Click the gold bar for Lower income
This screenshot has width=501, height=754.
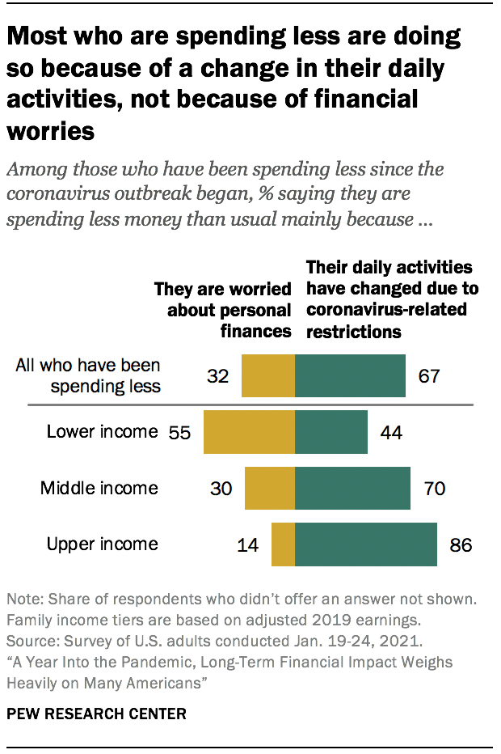coord(249,431)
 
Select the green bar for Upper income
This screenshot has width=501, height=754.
coord(366,544)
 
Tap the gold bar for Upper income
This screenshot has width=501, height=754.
coord(283,544)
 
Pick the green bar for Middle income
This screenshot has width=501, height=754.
coord(352,488)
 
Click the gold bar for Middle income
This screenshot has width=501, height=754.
coord(270,488)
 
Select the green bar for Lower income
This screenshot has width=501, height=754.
coord(331,431)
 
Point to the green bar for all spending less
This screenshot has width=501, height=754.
coord(350,375)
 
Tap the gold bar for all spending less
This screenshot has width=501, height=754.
coord(268,375)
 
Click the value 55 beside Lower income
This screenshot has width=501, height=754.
coord(180,432)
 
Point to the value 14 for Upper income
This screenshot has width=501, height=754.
coord(247,544)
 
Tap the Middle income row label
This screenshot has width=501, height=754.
coord(99,488)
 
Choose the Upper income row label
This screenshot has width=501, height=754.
coord(102,544)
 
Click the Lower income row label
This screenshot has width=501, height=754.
coord(102,431)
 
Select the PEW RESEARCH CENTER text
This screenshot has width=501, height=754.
coord(96,714)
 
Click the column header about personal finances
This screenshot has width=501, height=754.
coord(223,311)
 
